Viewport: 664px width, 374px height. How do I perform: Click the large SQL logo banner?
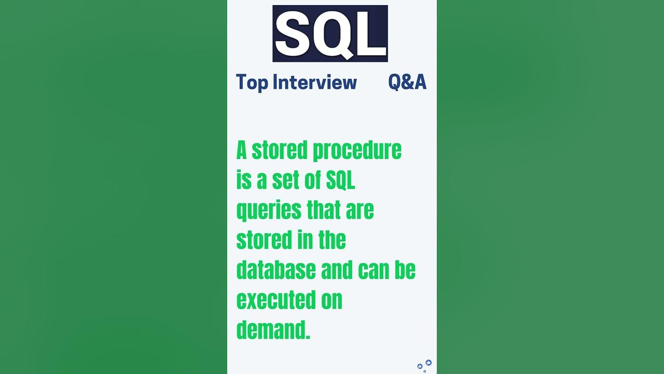330,34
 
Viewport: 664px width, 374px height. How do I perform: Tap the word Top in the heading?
252,82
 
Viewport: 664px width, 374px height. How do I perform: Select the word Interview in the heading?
315,82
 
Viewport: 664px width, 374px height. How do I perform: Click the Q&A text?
407,82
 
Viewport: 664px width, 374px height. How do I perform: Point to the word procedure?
356,150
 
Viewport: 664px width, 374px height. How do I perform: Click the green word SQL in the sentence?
340,180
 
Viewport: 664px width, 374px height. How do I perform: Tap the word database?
276,270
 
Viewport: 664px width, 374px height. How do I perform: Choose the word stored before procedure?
279,150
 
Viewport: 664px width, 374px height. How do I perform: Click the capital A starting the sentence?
242,150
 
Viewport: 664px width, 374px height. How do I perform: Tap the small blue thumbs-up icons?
424,365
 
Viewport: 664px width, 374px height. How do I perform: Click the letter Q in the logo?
333,34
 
